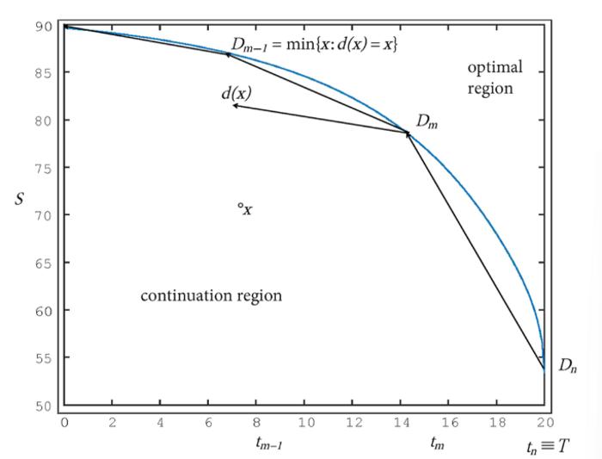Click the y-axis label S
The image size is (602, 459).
point(20,197)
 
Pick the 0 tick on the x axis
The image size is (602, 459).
point(64,424)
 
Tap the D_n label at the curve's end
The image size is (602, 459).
point(568,366)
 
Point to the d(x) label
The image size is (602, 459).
point(236,93)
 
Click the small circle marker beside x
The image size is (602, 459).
point(241,206)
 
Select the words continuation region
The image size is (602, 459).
point(211,295)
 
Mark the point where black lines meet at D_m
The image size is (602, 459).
point(407,133)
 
